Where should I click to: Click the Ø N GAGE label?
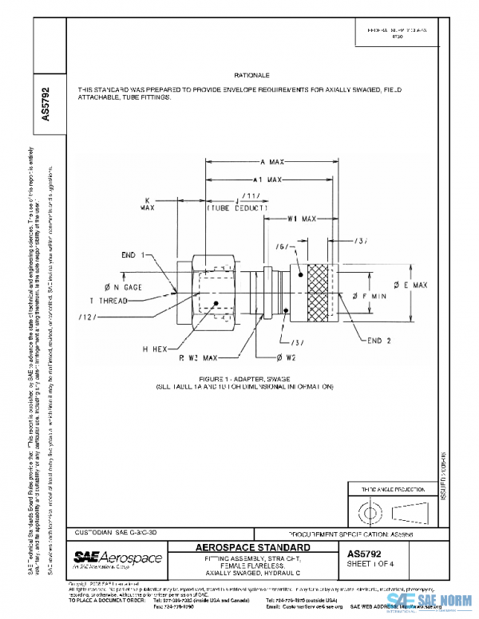(x=122, y=286)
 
